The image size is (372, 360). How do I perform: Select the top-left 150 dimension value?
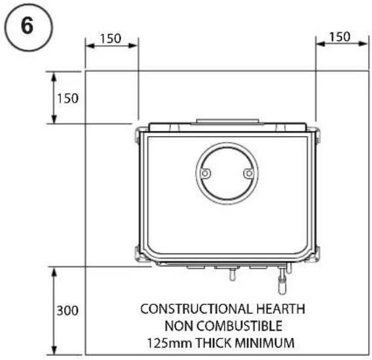tap(111, 39)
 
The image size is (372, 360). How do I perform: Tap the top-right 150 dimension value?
tap(340, 37)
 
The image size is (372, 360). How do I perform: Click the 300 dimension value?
tap(67, 310)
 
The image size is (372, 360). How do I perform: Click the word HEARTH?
tap(281, 309)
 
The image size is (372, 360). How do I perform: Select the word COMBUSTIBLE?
tap(240, 326)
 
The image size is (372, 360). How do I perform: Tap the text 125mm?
tap(170, 343)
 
